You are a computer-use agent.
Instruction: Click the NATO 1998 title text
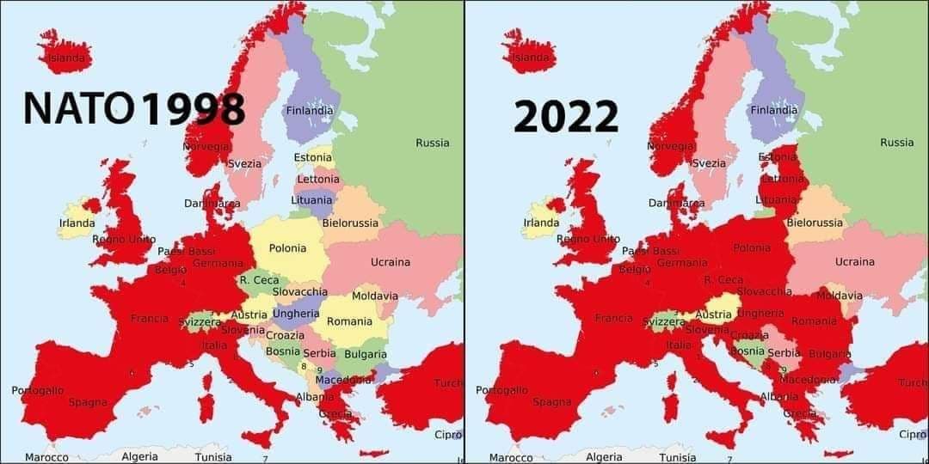(134, 109)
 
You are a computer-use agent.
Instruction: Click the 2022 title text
(566, 117)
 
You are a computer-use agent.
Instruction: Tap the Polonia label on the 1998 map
(287, 248)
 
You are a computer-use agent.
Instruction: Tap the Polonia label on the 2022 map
(752, 248)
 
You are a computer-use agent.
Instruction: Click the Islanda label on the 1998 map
(66, 58)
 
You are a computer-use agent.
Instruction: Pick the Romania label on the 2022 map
(814, 321)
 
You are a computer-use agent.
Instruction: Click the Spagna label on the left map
(88, 402)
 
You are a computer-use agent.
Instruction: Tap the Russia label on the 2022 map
(896, 143)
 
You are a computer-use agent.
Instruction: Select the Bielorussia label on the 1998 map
(350, 223)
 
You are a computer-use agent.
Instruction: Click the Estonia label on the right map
(777, 157)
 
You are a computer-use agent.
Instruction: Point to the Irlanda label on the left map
(77, 223)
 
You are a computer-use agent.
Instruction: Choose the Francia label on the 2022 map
(613, 318)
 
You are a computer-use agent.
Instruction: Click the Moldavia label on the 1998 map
(375, 296)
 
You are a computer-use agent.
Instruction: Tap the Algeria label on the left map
(140, 457)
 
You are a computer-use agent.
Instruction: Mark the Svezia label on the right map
(709, 163)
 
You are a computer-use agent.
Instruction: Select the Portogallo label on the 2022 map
(501, 390)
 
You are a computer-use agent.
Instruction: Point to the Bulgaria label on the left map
(365, 354)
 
